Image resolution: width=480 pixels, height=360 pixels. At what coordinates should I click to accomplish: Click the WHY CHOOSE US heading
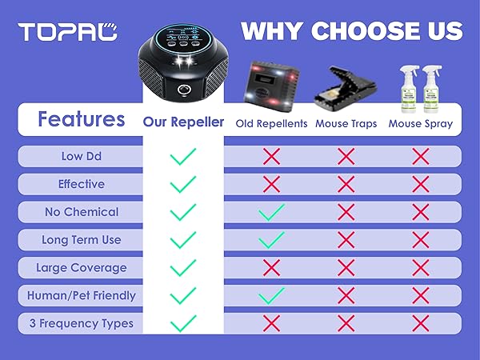click(352, 31)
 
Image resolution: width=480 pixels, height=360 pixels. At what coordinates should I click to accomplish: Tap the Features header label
click(81, 120)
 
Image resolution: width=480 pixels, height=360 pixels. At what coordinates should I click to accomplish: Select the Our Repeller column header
click(183, 122)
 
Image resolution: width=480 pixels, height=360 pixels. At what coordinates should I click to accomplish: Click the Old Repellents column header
click(270, 123)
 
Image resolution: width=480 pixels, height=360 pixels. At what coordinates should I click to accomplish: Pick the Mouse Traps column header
click(346, 123)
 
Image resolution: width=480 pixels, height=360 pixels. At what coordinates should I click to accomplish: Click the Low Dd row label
click(81, 157)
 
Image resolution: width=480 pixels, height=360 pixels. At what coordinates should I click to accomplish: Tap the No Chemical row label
click(81, 212)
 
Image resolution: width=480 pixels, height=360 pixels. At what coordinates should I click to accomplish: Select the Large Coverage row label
click(81, 268)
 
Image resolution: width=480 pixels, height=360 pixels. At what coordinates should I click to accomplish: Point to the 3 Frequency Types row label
click(81, 324)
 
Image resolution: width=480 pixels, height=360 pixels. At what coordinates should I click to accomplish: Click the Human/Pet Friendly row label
click(81, 296)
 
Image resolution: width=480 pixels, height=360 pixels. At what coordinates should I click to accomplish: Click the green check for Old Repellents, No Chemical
click(271, 212)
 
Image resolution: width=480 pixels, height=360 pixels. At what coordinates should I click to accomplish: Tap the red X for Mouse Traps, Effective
click(346, 184)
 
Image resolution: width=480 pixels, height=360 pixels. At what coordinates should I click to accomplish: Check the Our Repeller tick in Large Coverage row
click(183, 268)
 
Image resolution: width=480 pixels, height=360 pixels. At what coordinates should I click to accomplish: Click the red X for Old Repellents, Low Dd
click(271, 157)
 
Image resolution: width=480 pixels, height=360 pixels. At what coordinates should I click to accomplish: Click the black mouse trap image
click(346, 82)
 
